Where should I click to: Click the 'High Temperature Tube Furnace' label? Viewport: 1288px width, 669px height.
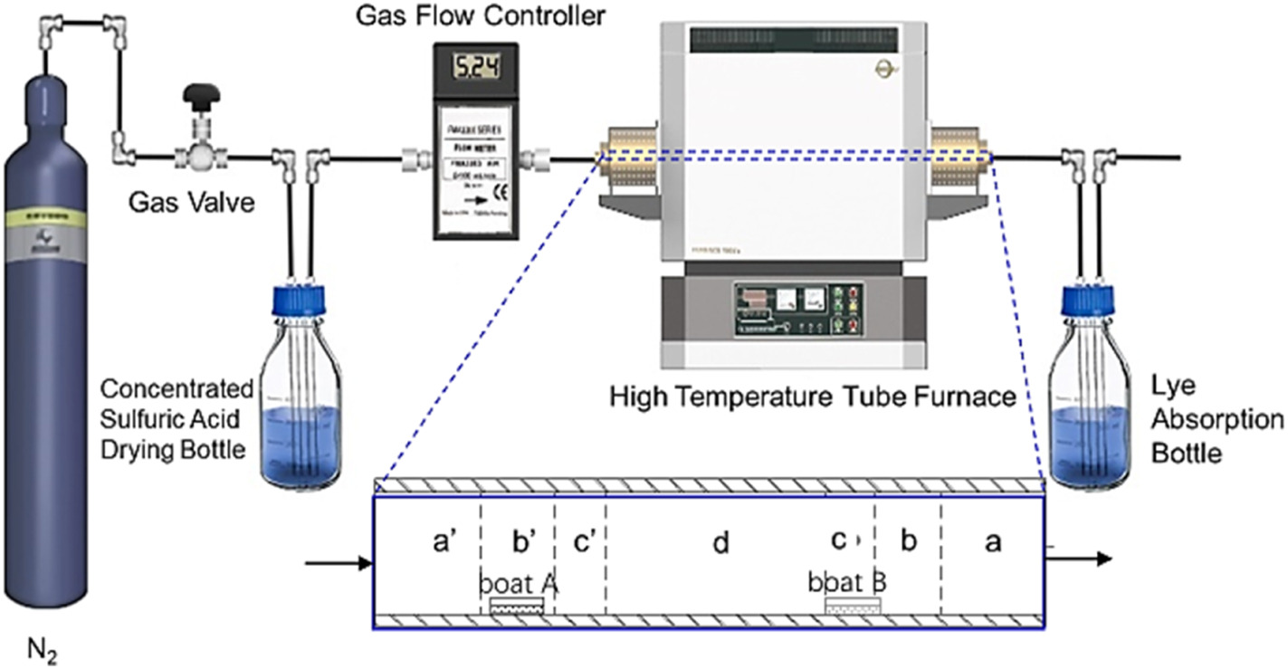tap(812, 396)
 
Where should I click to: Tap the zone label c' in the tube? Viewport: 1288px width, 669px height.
tap(584, 542)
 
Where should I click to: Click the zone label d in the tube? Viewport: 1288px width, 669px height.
tap(720, 543)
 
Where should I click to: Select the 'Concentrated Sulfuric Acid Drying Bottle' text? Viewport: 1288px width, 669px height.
tap(177, 418)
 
